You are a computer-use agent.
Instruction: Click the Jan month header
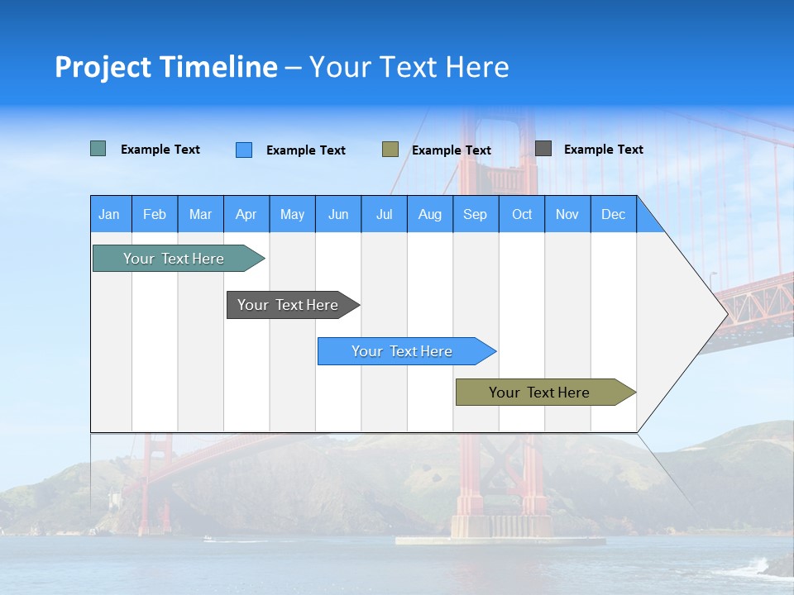click(109, 215)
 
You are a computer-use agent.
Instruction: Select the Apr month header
click(246, 215)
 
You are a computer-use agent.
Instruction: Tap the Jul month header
click(384, 215)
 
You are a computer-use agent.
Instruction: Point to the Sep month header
click(475, 215)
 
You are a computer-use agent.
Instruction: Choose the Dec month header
click(613, 215)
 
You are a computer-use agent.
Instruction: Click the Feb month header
click(155, 215)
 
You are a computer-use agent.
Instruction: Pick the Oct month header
click(522, 215)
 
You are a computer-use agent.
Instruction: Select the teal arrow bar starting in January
click(175, 259)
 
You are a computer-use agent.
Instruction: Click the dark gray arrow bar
click(289, 305)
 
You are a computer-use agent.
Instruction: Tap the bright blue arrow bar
click(403, 351)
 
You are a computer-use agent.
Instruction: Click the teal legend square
click(98, 149)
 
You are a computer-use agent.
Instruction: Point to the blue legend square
click(244, 150)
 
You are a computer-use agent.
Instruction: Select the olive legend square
click(390, 150)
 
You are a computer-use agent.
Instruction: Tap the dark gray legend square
click(543, 149)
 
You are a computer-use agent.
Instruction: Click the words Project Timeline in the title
click(166, 68)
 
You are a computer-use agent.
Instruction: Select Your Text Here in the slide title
click(409, 68)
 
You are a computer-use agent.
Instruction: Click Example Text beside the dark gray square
click(603, 150)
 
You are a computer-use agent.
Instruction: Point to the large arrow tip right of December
click(695, 314)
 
